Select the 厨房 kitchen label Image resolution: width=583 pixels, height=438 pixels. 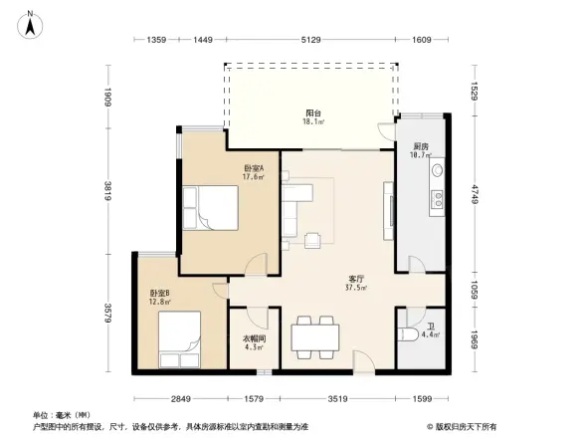pyautogui.click(x=421, y=146)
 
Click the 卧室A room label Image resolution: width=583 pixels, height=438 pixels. pyautogui.click(x=254, y=167)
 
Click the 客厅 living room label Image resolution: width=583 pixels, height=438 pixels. pyautogui.click(x=355, y=279)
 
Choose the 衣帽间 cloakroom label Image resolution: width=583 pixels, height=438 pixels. pyautogui.click(x=254, y=338)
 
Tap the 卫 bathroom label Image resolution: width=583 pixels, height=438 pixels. pyautogui.click(x=432, y=327)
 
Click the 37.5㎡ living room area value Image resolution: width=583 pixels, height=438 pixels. pyautogui.click(x=356, y=288)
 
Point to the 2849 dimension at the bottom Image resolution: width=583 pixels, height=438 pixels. pyautogui.click(x=180, y=398)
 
